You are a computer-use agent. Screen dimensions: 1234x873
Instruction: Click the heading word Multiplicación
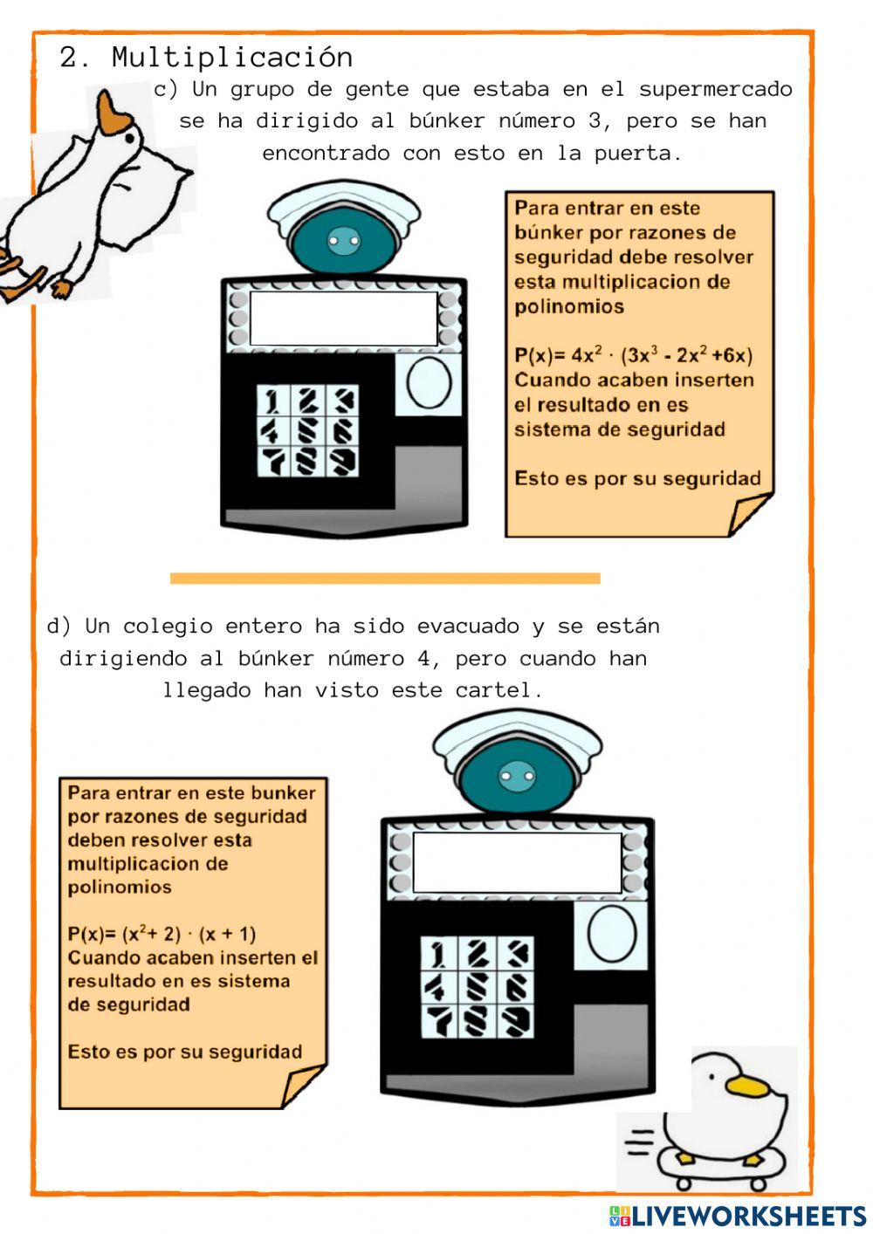click(x=232, y=58)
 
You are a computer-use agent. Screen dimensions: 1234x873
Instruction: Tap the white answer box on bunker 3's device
click(x=343, y=319)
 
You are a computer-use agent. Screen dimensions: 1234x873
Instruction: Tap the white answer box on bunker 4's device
click(x=517, y=862)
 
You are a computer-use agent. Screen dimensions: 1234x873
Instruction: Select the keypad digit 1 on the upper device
click(x=273, y=401)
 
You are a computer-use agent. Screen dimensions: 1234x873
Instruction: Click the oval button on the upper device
click(x=429, y=383)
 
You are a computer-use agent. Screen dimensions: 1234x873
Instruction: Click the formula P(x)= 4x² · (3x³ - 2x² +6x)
click(x=633, y=355)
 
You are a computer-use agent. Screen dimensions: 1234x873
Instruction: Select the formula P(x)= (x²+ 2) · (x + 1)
click(x=162, y=934)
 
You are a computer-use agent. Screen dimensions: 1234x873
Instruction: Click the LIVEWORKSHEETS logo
click(x=738, y=1216)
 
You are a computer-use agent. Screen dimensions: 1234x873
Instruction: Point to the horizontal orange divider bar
click(x=385, y=578)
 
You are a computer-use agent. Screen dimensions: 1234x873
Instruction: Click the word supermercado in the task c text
click(x=716, y=89)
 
